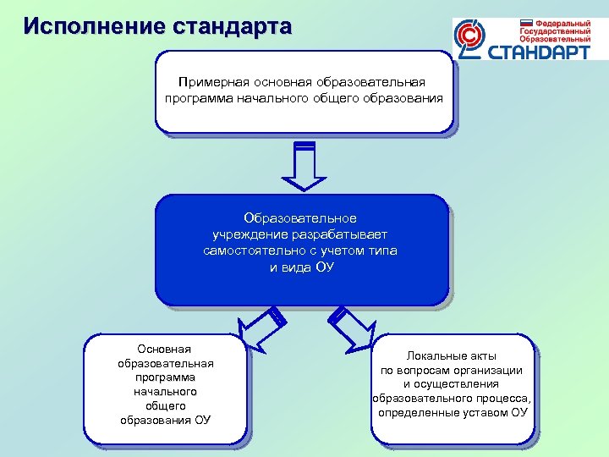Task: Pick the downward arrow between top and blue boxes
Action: point(304,166)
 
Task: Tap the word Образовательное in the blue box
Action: point(301,218)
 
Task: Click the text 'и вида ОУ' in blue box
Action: point(301,267)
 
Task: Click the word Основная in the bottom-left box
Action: point(166,349)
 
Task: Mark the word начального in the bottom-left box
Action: point(166,392)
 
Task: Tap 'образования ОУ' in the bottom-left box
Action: point(166,420)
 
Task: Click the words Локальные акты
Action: point(452,355)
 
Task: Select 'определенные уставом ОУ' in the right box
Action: point(452,413)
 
